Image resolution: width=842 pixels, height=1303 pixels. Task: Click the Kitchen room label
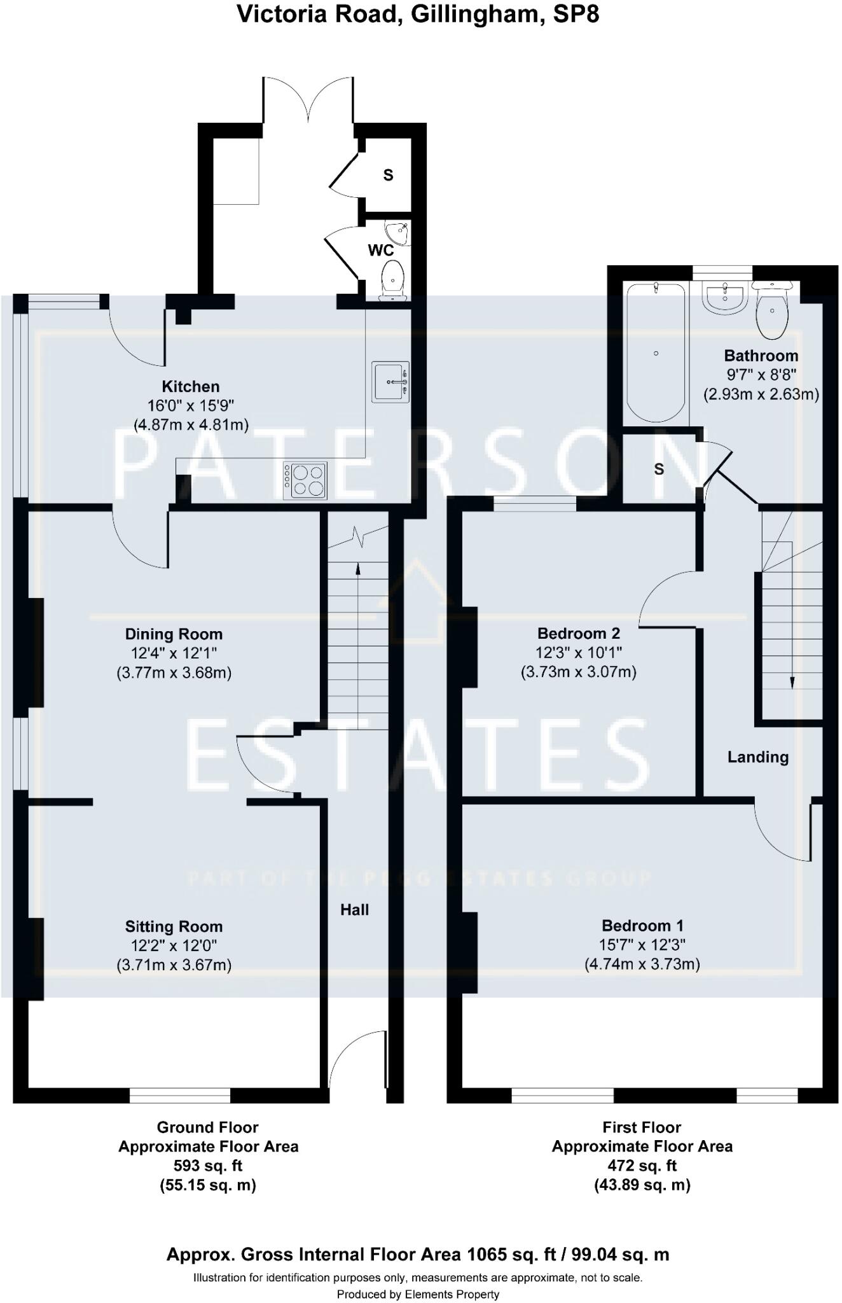[190, 386]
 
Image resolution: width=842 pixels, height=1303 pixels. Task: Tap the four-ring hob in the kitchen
[305, 480]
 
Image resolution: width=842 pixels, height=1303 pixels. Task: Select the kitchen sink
[390, 382]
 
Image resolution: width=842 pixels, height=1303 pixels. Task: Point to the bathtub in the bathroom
[656, 353]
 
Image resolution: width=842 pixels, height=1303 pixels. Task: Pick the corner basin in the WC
[397, 232]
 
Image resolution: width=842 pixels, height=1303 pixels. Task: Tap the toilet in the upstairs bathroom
[771, 310]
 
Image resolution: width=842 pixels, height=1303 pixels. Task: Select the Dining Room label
[174, 634]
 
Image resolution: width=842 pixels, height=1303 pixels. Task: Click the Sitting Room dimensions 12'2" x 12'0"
[174, 945]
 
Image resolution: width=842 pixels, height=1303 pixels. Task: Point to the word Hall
[354, 910]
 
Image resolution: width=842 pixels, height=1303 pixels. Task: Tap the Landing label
[757, 756]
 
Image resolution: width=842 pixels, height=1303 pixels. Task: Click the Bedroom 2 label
[578, 633]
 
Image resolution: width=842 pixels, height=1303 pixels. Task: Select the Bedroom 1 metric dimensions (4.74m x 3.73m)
[642, 964]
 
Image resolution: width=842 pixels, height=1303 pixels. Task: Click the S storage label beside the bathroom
[659, 469]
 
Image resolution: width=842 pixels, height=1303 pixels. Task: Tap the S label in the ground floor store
[388, 175]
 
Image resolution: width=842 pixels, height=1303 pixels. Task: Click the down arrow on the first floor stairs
[792, 682]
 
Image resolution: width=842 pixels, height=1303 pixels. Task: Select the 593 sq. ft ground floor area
[207, 1166]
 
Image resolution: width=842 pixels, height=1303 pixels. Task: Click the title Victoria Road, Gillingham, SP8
[418, 14]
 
